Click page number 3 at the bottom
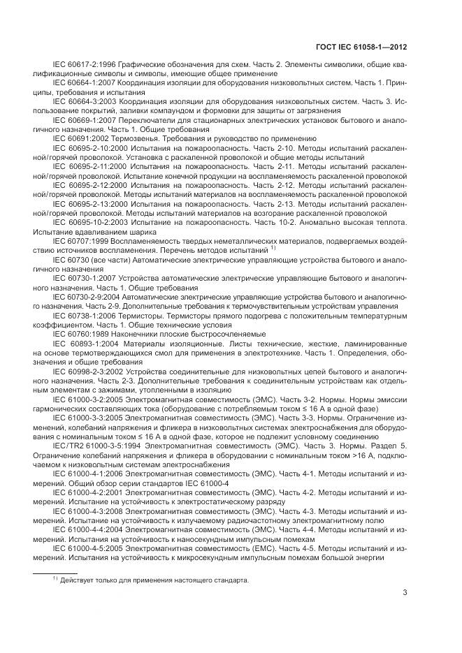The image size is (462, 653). pos(405,594)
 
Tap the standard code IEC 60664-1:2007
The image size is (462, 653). pos(83,84)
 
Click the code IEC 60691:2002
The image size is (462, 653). pos(78,138)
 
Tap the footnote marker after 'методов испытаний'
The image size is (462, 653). pos(273,247)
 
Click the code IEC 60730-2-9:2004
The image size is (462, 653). pos(87,297)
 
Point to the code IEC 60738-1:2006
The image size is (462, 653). pos(83,315)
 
